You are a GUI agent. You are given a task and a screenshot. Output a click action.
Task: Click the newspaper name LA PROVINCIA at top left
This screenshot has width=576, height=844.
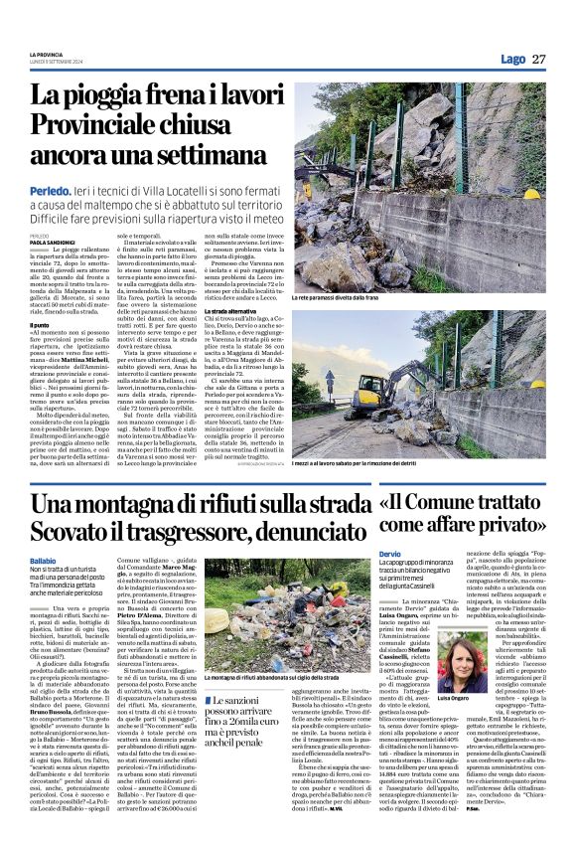pyautogui.click(x=45, y=55)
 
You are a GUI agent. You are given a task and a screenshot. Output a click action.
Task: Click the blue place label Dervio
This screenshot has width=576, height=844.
pyautogui.click(x=389, y=553)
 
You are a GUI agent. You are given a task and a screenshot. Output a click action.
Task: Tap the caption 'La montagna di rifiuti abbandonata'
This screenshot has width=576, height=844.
pyautogui.click(x=284, y=678)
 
